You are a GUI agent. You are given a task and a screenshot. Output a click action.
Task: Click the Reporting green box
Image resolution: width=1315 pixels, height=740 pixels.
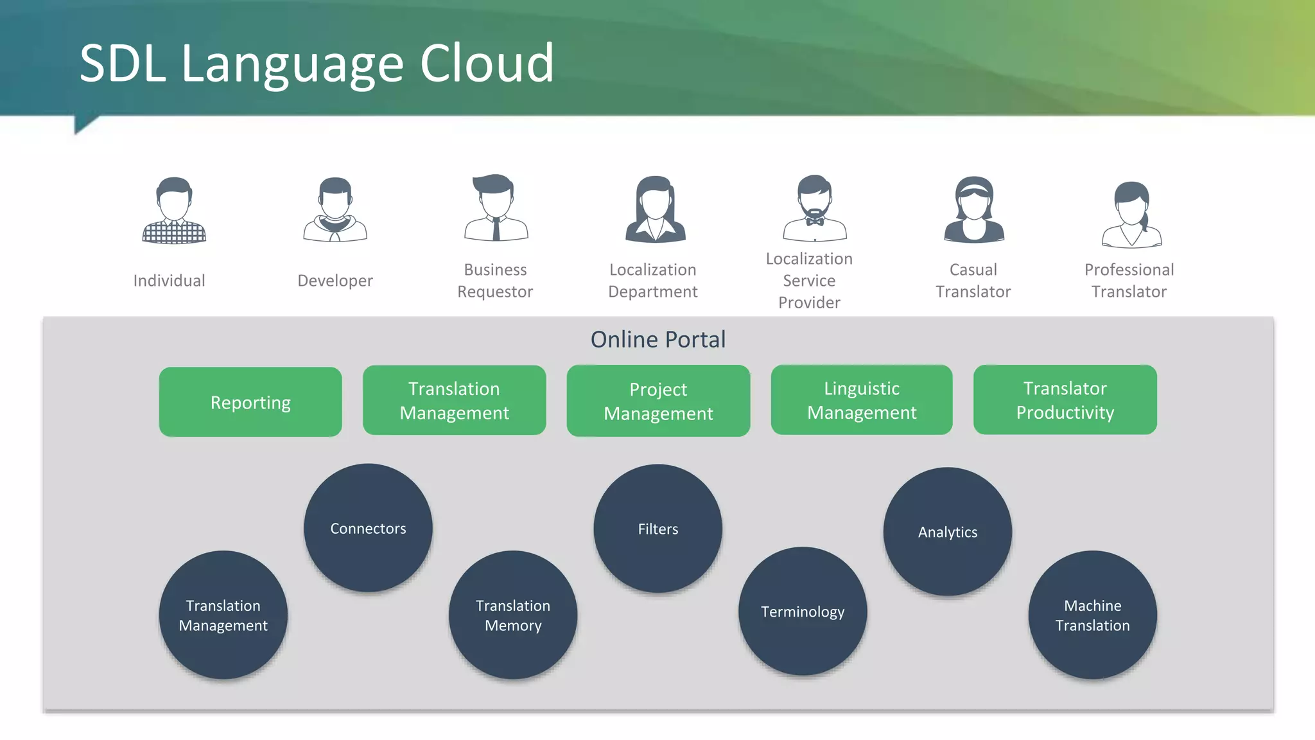pos(250,402)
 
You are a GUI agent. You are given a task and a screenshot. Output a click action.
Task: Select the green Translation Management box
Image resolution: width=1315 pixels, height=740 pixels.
pos(454,400)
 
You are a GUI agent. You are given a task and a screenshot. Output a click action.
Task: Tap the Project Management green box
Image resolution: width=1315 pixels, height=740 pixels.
pos(658,401)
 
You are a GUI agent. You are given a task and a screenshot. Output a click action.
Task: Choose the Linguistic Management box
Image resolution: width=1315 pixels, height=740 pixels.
pos(862,400)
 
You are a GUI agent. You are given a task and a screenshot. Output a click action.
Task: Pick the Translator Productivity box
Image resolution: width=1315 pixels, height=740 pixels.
pos(1065,400)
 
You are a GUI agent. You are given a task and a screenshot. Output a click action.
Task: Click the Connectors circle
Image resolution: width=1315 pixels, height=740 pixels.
pos(368,528)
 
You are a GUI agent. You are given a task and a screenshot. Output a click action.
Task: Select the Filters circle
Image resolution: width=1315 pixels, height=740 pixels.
pos(657,529)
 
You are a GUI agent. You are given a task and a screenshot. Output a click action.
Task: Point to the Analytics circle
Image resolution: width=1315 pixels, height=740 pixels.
pos(947,532)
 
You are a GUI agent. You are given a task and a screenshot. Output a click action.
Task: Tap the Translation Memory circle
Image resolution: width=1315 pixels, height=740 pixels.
pos(512,615)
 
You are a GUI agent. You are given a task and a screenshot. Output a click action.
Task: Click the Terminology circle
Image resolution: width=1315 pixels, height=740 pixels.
pos(803,612)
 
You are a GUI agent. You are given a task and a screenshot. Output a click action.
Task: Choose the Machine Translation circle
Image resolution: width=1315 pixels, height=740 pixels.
pos(1092,615)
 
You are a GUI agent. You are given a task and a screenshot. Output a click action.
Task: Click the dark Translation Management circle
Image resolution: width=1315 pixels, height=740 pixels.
pos(223,615)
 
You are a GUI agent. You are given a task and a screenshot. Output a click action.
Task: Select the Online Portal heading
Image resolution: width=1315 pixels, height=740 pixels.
pos(657,339)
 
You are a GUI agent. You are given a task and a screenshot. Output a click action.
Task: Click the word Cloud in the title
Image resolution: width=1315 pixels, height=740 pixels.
pos(487,64)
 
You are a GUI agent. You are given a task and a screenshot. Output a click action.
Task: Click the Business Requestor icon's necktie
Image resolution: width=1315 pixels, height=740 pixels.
pos(496,228)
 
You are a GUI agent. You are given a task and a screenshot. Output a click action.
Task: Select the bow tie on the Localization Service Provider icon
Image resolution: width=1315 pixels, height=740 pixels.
pos(815,222)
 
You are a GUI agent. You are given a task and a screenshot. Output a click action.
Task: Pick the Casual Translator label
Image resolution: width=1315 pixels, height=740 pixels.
pos(973,281)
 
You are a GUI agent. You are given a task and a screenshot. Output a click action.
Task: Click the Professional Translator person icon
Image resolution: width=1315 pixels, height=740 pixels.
pos(1131,215)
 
